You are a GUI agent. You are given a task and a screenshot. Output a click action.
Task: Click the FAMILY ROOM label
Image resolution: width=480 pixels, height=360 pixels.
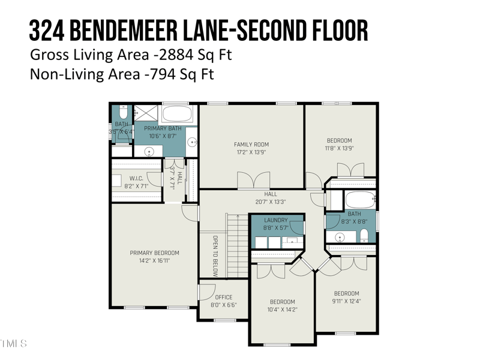(x=251, y=144)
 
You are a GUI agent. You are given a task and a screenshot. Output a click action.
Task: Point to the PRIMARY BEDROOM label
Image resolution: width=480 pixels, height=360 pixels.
(x=154, y=253)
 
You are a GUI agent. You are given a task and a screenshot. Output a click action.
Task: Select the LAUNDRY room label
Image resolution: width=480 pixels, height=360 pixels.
(x=276, y=220)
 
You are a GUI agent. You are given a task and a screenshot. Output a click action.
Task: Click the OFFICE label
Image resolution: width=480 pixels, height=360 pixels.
(x=224, y=297)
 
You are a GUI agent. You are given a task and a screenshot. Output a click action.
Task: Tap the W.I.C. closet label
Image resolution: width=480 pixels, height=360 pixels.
(x=135, y=178)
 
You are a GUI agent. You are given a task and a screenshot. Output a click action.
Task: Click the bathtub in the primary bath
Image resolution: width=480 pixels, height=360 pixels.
(x=178, y=113)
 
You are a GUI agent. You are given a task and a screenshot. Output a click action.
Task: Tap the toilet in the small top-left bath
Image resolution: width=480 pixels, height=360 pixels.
(x=122, y=112)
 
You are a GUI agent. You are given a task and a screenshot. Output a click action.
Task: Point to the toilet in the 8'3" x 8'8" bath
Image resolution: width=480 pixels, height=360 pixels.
(x=364, y=235)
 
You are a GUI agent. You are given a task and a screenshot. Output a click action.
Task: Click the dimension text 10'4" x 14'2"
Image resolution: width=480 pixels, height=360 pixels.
(x=282, y=310)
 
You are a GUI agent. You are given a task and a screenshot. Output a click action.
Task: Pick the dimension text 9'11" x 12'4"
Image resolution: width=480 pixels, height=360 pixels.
(x=346, y=301)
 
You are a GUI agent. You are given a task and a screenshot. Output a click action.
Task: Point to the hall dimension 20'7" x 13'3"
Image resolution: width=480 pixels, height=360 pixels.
(x=271, y=202)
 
